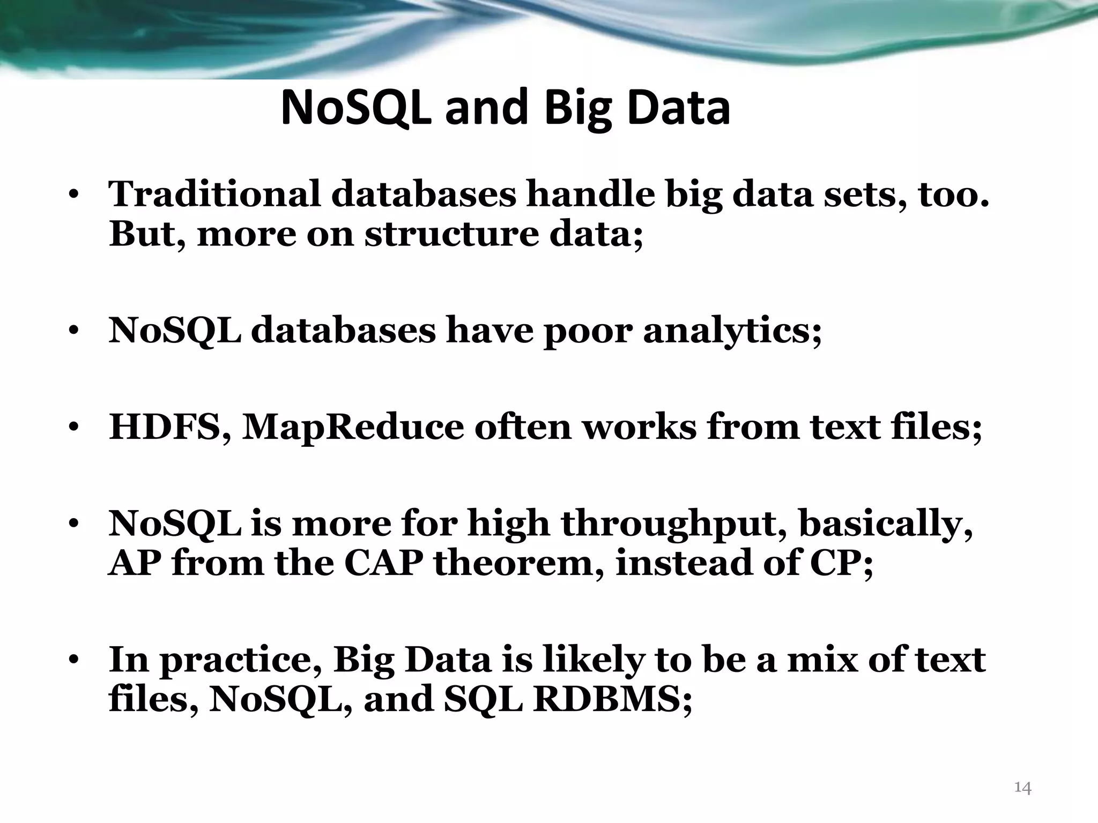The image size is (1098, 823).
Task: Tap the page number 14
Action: point(1023,788)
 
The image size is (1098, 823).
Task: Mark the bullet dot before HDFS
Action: point(75,429)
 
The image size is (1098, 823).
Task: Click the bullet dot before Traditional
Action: point(75,195)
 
